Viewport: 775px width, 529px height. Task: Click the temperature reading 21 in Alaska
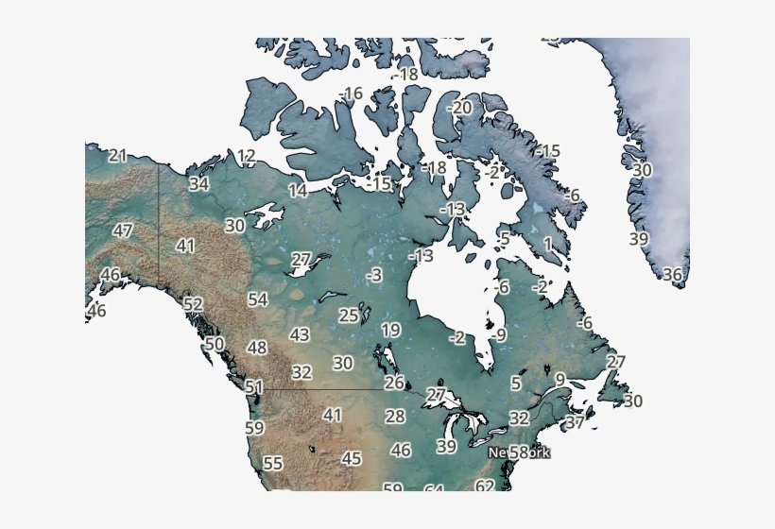tap(117, 156)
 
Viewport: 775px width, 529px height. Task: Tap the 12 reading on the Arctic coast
tap(247, 157)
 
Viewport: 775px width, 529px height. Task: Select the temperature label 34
tap(198, 184)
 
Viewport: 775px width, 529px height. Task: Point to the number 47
tap(123, 230)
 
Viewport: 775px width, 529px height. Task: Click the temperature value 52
tap(193, 304)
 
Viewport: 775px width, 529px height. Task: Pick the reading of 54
tap(258, 299)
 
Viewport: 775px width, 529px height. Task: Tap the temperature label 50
tap(215, 344)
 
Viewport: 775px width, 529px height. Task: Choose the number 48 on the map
tap(257, 348)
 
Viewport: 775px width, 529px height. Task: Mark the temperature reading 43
tap(300, 334)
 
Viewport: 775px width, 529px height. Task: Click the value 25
tap(349, 316)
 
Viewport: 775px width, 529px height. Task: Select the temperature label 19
tap(391, 331)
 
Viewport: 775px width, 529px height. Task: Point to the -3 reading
tap(374, 275)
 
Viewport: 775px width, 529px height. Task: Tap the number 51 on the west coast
tap(254, 387)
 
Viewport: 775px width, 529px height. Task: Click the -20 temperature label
tap(459, 109)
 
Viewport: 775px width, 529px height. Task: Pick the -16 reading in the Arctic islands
tap(351, 94)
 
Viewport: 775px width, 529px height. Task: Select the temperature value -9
tap(498, 335)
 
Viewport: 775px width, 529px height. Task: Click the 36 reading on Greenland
tap(672, 275)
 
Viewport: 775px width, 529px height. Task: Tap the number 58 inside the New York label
tap(519, 452)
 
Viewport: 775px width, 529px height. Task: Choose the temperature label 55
tap(273, 464)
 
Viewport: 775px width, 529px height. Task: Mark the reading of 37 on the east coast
tap(575, 423)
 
